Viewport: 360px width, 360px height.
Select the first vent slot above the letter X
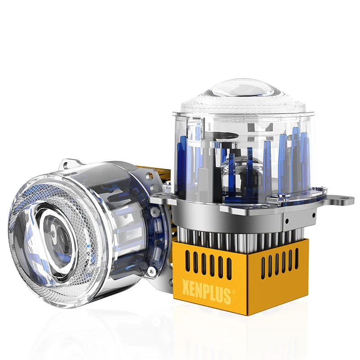click(188, 261)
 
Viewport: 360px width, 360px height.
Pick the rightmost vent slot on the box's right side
click(297, 259)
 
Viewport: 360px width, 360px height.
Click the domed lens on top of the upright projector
click(243, 91)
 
